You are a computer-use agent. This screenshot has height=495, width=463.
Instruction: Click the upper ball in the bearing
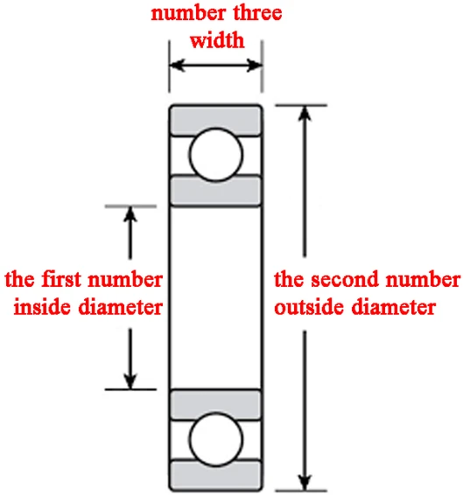(x=216, y=155)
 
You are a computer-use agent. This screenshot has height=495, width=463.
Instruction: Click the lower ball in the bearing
(x=216, y=439)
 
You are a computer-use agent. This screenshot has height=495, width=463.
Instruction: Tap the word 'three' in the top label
(x=257, y=12)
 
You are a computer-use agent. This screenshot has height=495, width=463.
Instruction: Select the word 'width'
(x=217, y=40)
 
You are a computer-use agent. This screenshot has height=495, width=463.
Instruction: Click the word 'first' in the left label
(x=61, y=279)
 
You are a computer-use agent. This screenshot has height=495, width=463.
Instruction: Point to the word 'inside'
(x=42, y=307)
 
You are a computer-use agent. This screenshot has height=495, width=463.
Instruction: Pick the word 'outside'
(x=309, y=307)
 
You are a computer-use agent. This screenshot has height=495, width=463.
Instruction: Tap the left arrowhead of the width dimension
(x=177, y=65)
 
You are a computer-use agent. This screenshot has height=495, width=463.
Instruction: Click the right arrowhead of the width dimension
(x=255, y=65)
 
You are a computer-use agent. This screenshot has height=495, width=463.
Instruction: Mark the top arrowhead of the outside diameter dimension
(x=305, y=113)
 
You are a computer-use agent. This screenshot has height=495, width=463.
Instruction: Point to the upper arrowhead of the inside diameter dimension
(x=130, y=214)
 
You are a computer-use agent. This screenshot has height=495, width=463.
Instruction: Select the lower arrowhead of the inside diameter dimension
(x=130, y=381)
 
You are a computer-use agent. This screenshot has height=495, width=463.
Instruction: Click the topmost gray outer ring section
(x=216, y=120)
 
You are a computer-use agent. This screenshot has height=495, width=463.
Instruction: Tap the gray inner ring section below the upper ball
(x=216, y=192)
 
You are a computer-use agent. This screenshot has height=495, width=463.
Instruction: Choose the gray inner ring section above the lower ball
(x=216, y=405)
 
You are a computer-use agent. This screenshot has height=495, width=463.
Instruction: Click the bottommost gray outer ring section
(x=216, y=475)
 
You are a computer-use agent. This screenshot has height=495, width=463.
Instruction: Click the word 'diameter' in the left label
(x=121, y=307)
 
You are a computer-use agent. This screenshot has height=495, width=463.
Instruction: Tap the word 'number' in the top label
(x=188, y=12)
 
